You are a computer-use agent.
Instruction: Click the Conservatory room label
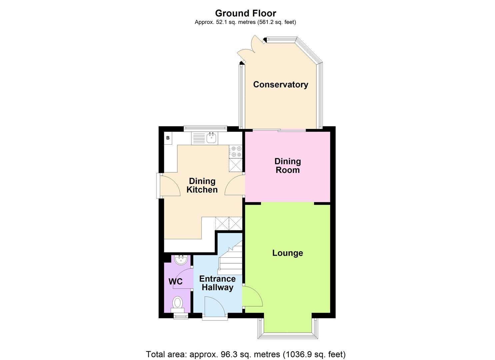[280, 85]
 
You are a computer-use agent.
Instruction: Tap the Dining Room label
[287, 166]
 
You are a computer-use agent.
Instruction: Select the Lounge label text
[287, 253]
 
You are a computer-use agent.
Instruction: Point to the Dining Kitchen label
[202, 185]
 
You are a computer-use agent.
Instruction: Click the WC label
[175, 282]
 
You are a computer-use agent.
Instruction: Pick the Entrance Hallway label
[217, 283]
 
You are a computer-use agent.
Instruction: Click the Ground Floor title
[245, 13]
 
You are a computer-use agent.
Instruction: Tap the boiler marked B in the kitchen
[168, 138]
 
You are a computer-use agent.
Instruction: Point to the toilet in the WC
[178, 304]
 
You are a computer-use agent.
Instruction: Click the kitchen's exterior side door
[169, 185]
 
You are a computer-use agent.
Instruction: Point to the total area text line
[245, 354]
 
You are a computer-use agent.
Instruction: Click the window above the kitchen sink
[205, 127]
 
